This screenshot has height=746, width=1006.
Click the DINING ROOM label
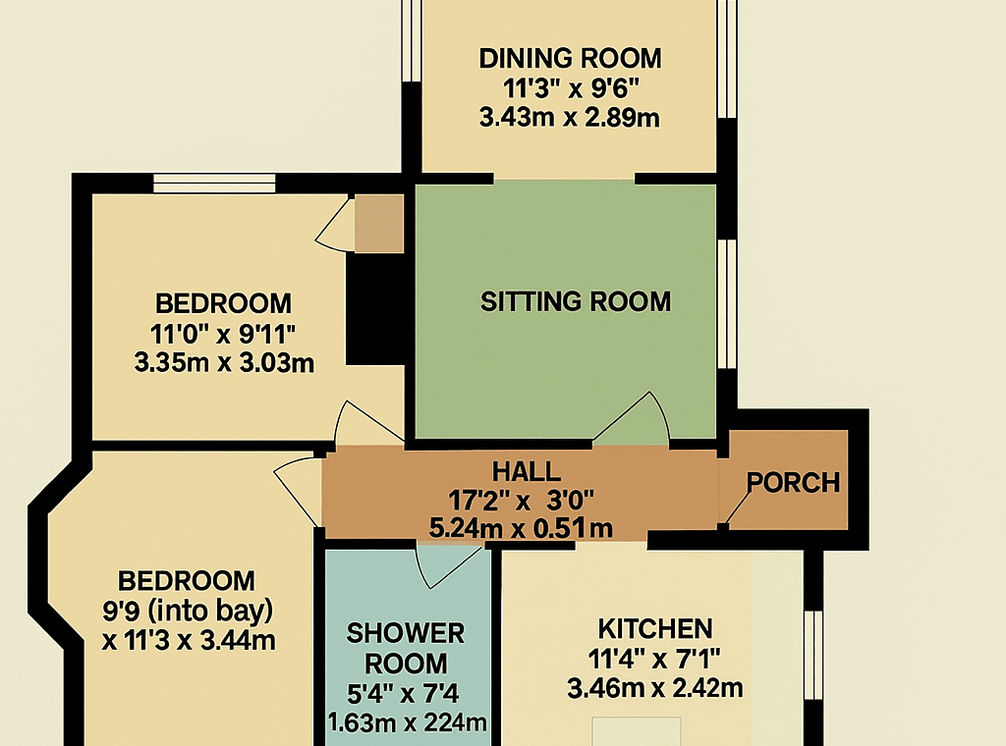(570, 58)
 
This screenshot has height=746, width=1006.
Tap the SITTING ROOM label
(576, 301)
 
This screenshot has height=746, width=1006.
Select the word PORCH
(793, 483)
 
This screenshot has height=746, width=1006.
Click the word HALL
(527, 472)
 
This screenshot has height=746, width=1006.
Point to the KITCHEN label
(655, 629)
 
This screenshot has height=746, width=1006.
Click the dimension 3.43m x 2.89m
(569, 118)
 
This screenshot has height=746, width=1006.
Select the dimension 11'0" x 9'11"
(223, 334)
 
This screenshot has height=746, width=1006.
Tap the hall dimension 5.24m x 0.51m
(521, 528)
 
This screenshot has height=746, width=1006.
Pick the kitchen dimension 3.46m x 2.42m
(655, 688)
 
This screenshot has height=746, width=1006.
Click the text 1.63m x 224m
(407, 722)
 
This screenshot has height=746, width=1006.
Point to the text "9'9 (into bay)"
(188, 611)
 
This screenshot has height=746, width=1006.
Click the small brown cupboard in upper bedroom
(379, 224)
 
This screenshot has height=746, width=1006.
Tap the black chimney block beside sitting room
(376, 309)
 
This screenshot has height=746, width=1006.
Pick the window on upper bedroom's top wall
(214, 184)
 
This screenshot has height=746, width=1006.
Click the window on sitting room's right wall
(727, 303)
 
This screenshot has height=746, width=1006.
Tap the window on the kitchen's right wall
(812, 655)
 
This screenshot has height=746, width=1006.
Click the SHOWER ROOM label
(406, 649)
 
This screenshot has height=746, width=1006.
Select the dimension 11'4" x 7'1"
(653, 659)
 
